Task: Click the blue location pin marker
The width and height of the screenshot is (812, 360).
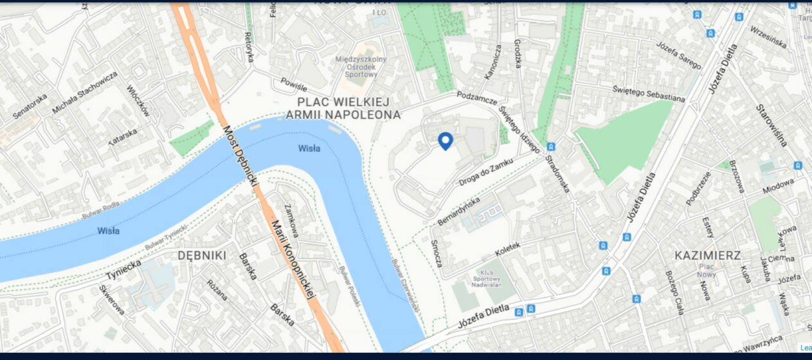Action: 445,141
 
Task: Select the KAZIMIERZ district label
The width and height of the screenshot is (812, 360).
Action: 707,255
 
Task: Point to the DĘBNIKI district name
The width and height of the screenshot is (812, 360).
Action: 201,255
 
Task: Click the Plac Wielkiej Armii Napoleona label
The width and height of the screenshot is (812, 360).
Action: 343,108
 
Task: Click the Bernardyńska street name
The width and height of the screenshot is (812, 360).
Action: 459,211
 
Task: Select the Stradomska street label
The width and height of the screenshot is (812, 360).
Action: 557,174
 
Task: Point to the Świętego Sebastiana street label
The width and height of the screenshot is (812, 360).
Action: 648,94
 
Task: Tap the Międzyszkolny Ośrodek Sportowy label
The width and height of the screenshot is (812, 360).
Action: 361,67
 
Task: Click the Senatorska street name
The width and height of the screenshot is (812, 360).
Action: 30,107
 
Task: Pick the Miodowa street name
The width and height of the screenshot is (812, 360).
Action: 779,186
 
